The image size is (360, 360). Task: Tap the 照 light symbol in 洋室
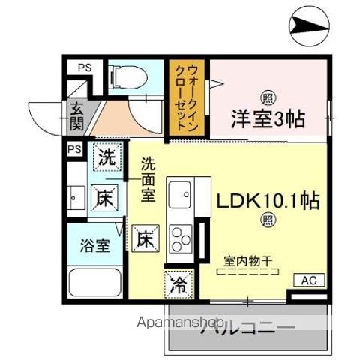(267, 97)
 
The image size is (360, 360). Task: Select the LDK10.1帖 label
(268, 201)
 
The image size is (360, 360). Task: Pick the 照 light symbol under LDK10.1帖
(268, 219)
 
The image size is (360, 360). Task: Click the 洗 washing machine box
(105, 158)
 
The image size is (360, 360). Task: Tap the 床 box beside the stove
(145, 241)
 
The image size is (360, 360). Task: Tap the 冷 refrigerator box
(178, 284)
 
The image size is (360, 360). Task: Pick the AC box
(309, 280)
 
